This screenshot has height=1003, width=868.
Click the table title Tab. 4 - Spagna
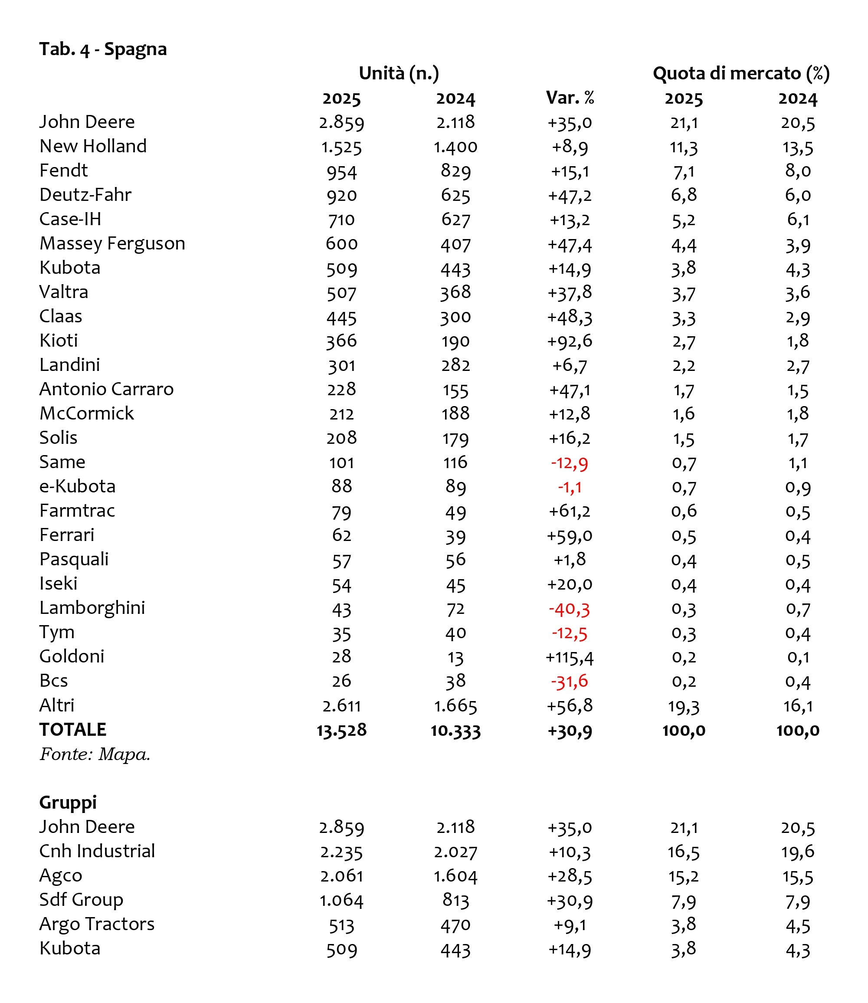(103, 49)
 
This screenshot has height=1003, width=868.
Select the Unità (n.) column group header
(399, 74)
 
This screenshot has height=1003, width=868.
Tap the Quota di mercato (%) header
(740, 74)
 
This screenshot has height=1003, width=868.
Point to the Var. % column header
(570, 98)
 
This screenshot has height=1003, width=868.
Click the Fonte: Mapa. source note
(95, 754)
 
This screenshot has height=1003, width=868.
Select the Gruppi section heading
(68, 803)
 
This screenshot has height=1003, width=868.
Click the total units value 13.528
(341, 730)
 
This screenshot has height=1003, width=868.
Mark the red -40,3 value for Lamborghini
(569, 609)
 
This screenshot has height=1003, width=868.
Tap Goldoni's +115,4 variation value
(569, 657)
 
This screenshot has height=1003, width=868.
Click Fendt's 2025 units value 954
(341, 171)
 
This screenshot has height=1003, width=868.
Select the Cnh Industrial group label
(97, 851)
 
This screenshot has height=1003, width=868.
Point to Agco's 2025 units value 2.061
(341, 875)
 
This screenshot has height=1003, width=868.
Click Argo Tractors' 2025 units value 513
(341, 924)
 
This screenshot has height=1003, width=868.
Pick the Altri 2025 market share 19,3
(684, 706)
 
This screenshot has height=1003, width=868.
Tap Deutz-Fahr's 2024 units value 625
(455, 196)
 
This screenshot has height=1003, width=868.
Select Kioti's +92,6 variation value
(569, 341)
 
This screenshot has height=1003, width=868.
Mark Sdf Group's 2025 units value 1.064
(341, 900)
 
